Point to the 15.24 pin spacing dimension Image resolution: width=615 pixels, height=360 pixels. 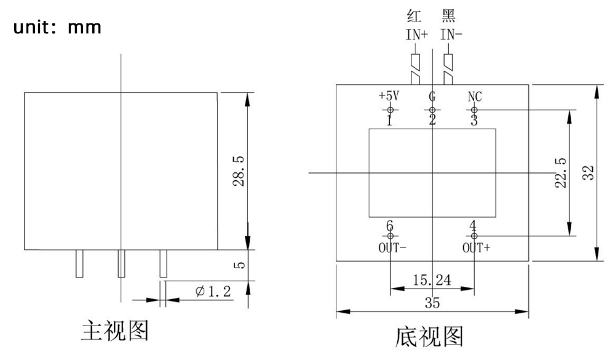point(432,280)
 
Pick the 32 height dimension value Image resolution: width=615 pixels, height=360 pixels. point(587,173)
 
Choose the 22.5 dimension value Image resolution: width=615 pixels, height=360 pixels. point(560,174)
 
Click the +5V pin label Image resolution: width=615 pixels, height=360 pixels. point(389,97)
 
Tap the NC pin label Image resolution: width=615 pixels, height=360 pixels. point(474,97)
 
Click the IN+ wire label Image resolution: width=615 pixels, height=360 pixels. point(416,34)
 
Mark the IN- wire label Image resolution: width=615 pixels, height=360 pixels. point(451,34)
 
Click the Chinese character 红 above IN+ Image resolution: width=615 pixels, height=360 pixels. point(415,16)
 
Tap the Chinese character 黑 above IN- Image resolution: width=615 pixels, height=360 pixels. point(450,16)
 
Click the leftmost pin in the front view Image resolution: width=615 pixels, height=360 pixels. point(79,263)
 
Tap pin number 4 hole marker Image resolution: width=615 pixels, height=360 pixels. point(474,236)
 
